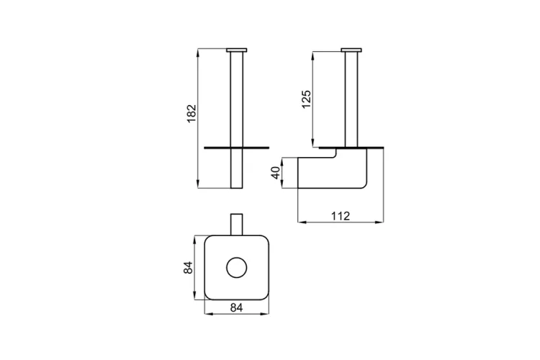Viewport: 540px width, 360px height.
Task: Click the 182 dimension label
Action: pyautogui.click(x=191, y=114)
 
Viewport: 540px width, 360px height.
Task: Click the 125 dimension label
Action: pyautogui.click(x=306, y=99)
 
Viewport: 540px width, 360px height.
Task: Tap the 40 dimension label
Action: pyautogui.click(x=276, y=173)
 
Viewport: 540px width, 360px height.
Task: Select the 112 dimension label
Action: pyautogui.click(x=341, y=216)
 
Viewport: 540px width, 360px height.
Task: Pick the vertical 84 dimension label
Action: pyautogui.click(x=188, y=268)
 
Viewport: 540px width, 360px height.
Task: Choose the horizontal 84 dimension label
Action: pyautogui.click(x=237, y=307)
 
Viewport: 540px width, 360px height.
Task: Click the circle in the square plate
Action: pyautogui.click(x=237, y=267)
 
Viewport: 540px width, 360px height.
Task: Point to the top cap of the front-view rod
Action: pyautogui.click(x=237, y=50)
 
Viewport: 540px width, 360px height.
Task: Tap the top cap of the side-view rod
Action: pyautogui.click(x=351, y=50)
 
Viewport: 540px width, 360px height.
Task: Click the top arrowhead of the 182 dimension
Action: pyautogui.click(x=198, y=53)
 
